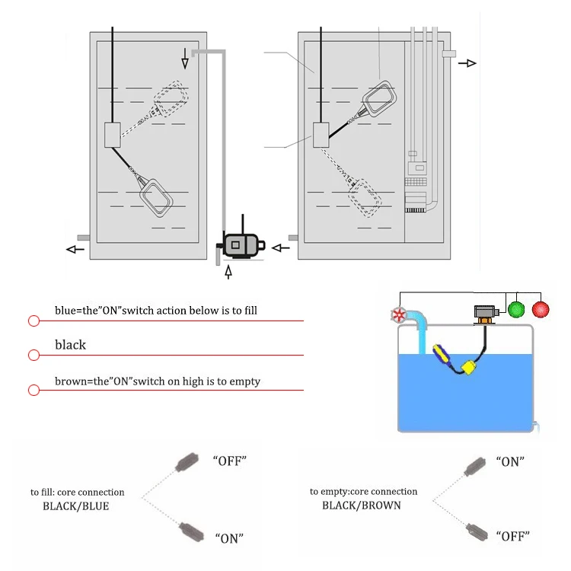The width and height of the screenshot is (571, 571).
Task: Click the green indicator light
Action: pos(517,310)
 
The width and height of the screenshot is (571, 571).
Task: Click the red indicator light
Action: pos(541,310)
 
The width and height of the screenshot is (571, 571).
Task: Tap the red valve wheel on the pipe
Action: pos(397,315)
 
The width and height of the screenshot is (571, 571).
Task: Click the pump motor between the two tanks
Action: pos(241,245)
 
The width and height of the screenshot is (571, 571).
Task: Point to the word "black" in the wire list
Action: pos(70,345)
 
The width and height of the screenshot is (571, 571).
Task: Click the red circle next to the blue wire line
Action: pos(33,321)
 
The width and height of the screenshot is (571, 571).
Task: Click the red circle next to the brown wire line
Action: pos(33,390)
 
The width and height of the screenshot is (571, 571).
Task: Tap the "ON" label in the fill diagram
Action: pos(229,538)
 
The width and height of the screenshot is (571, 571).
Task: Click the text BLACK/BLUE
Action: pos(75,506)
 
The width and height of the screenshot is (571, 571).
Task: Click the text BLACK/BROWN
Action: pos(361,505)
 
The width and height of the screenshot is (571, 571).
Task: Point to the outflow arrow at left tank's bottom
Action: pos(75,249)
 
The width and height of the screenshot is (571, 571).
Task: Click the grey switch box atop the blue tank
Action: pos(484,312)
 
